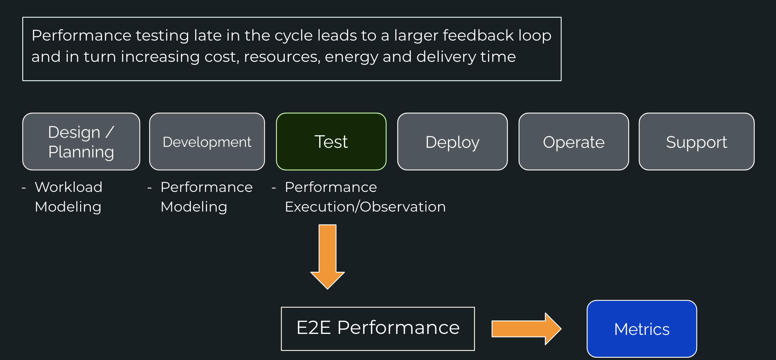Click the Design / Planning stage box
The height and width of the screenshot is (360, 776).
tap(81, 141)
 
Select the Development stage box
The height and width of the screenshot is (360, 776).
tap(207, 141)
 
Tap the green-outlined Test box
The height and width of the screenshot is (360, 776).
tap(331, 141)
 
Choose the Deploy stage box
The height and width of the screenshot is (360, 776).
tap(452, 141)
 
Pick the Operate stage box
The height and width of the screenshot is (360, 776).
tap(574, 141)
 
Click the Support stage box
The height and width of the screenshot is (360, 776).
tap(696, 141)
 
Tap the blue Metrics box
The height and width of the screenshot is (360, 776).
tap(642, 329)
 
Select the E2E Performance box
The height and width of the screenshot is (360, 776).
tap(378, 329)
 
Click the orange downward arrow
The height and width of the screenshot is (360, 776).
tap(327, 257)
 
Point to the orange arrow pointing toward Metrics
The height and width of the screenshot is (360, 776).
tap(526, 329)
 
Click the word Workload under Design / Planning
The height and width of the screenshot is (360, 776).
tap(69, 187)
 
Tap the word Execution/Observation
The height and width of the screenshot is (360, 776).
tap(365, 207)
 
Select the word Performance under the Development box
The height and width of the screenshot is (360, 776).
tap(207, 187)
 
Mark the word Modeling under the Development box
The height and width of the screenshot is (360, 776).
tap(194, 207)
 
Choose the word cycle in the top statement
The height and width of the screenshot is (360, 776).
tap(294, 36)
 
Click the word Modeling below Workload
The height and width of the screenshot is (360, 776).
tap(68, 207)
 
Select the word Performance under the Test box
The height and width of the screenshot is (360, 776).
tap(331, 187)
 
